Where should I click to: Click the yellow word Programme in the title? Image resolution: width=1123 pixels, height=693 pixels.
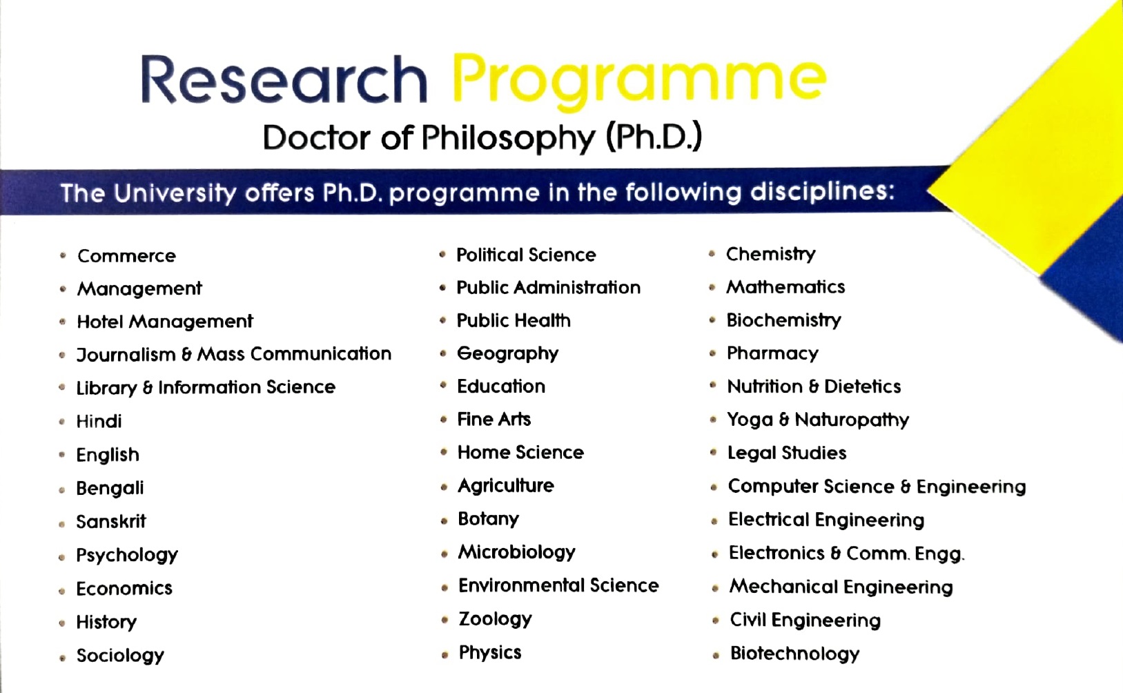[639, 81]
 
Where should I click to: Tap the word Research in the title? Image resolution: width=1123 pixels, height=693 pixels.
[284, 79]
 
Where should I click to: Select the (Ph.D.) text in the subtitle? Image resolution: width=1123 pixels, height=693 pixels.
[654, 137]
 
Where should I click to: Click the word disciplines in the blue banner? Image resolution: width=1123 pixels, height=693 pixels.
[822, 192]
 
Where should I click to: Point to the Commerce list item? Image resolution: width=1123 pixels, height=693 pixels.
[126, 256]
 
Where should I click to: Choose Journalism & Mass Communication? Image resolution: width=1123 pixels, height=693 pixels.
[233, 354]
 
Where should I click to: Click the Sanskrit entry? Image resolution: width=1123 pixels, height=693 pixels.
[111, 522]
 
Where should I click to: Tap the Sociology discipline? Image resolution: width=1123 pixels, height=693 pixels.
[120, 656]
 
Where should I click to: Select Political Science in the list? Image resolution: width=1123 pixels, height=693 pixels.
[526, 255]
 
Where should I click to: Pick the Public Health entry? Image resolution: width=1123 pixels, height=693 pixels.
[514, 320]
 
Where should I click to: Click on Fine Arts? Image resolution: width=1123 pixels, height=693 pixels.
[494, 419]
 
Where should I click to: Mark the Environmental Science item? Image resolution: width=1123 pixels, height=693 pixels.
[558, 586]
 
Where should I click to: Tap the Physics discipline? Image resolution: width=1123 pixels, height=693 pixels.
[490, 653]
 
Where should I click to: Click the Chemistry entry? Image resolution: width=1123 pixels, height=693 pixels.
[770, 254]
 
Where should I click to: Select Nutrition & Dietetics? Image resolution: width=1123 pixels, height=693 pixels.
[814, 387]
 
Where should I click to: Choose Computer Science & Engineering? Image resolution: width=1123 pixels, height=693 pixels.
[877, 487]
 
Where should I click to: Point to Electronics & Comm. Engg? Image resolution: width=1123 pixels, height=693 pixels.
[846, 554]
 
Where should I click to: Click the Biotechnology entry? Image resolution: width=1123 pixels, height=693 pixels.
[794, 654]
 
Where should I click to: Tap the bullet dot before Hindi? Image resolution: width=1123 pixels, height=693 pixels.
[62, 422]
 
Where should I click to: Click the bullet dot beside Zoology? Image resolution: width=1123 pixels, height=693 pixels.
[445, 621]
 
